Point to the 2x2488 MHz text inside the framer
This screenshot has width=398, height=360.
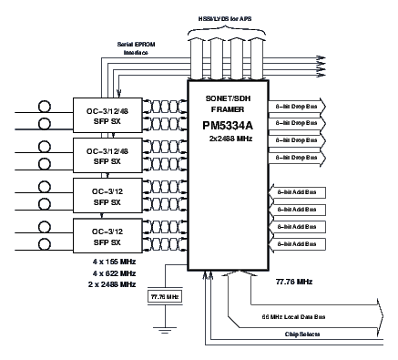coord(230,139)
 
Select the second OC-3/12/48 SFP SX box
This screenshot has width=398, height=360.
coord(107,156)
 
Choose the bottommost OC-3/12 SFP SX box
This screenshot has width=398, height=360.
coord(107,238)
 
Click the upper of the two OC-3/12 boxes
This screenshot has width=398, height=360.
coord(107,197)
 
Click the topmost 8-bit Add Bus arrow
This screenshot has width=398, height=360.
coord(297,192)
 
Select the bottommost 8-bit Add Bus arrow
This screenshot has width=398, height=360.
coord(297,244)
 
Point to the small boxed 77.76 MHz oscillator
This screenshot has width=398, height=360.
coord(165,297)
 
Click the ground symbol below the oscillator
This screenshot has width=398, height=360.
coord(165,327)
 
